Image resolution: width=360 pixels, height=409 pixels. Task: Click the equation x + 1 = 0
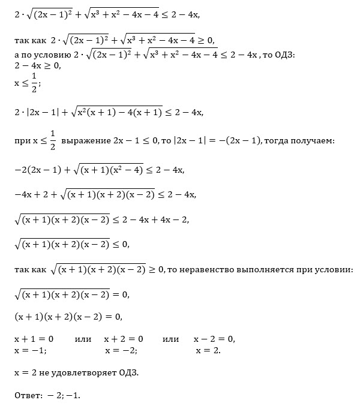point(34,339)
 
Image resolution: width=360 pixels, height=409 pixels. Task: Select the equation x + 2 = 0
point(124,339)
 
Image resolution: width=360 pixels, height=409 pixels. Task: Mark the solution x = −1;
point(30,350)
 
